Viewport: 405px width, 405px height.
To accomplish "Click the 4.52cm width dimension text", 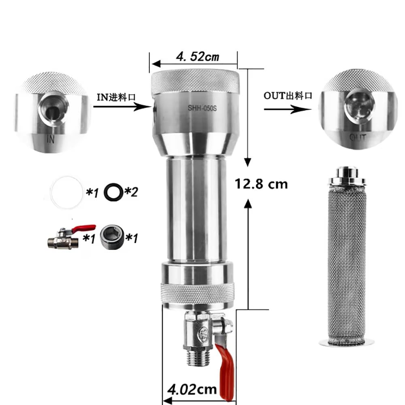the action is pos(198,57).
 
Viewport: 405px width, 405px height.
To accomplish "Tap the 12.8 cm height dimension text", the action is pos(261,184).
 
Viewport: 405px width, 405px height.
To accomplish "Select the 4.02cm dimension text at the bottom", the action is pos(192,390).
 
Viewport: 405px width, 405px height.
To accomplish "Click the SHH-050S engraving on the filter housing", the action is pos(202,108).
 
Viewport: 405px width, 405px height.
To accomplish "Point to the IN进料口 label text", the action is pos(116,97).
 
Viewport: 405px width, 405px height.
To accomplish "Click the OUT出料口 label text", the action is pos(288,96).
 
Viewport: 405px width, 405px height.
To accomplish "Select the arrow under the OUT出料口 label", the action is pos(288,109).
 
